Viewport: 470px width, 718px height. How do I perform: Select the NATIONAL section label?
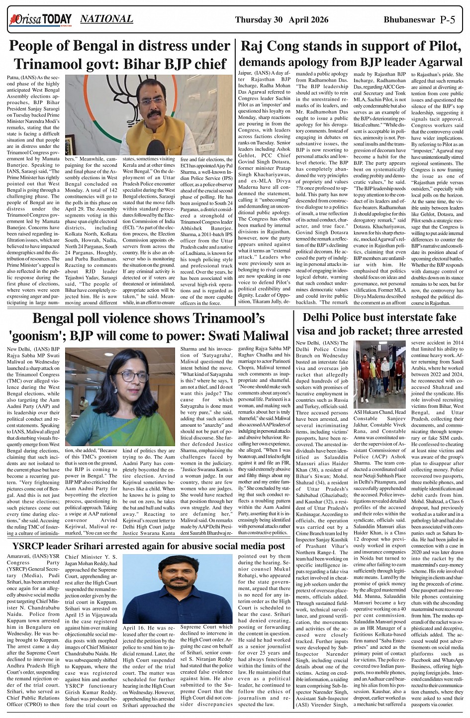(x=106, y=19)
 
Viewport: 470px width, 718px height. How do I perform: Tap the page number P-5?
(x=451, y=20)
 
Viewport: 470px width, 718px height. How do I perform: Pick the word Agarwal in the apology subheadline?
(x=439, y=63)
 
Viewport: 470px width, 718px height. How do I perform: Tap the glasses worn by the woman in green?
(x=131, y=376)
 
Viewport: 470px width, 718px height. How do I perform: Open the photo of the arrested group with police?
(x=380, y=374)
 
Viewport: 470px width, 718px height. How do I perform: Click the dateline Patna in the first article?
(x=14, y=78)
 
